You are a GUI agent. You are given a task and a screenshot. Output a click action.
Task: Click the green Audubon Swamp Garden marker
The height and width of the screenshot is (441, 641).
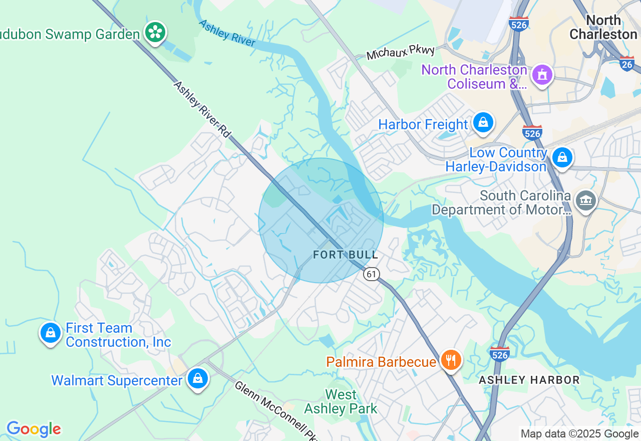(155, 33)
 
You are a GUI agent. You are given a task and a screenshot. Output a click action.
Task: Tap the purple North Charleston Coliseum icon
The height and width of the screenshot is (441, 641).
(542, 75)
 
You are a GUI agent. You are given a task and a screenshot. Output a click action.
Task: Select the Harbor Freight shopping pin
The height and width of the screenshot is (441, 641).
(483, 122)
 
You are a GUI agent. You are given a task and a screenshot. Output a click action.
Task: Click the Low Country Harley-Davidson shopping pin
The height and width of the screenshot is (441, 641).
(562, 158)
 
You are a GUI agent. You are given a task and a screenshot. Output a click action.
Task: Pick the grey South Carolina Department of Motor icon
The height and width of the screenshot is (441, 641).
(585, 201)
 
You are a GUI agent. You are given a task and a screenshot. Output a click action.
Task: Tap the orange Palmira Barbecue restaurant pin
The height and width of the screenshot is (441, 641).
(451, 360)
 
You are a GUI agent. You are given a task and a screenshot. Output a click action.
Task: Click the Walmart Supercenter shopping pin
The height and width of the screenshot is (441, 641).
(198, 379)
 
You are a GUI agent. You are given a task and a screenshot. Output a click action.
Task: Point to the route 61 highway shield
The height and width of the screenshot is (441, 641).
(371, 274)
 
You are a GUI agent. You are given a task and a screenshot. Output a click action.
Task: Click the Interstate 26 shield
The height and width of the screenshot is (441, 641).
(626, 63)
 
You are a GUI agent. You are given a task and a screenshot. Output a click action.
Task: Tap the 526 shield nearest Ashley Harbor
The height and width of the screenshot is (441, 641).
(500, 354)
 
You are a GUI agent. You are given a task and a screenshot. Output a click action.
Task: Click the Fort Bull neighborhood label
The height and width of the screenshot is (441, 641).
(346, 255)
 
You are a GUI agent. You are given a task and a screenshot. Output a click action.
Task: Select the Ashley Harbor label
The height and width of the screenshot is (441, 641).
(529, 380)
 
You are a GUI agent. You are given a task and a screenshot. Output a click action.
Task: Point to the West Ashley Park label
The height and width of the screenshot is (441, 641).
(341, 402)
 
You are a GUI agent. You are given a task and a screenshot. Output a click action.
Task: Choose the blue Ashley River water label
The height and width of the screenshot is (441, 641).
(227, 33)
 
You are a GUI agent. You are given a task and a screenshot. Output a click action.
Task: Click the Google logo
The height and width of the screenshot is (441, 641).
(34, 429)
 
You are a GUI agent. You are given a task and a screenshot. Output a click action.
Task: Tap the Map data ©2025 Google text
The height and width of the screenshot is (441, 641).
(579, 434)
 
